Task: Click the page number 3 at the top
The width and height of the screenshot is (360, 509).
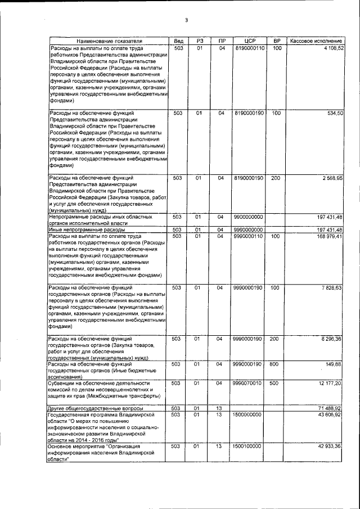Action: coord(186,21)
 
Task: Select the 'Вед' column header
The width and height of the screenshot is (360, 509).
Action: coord(178,42)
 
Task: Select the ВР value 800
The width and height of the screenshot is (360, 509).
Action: coord(276,365)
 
